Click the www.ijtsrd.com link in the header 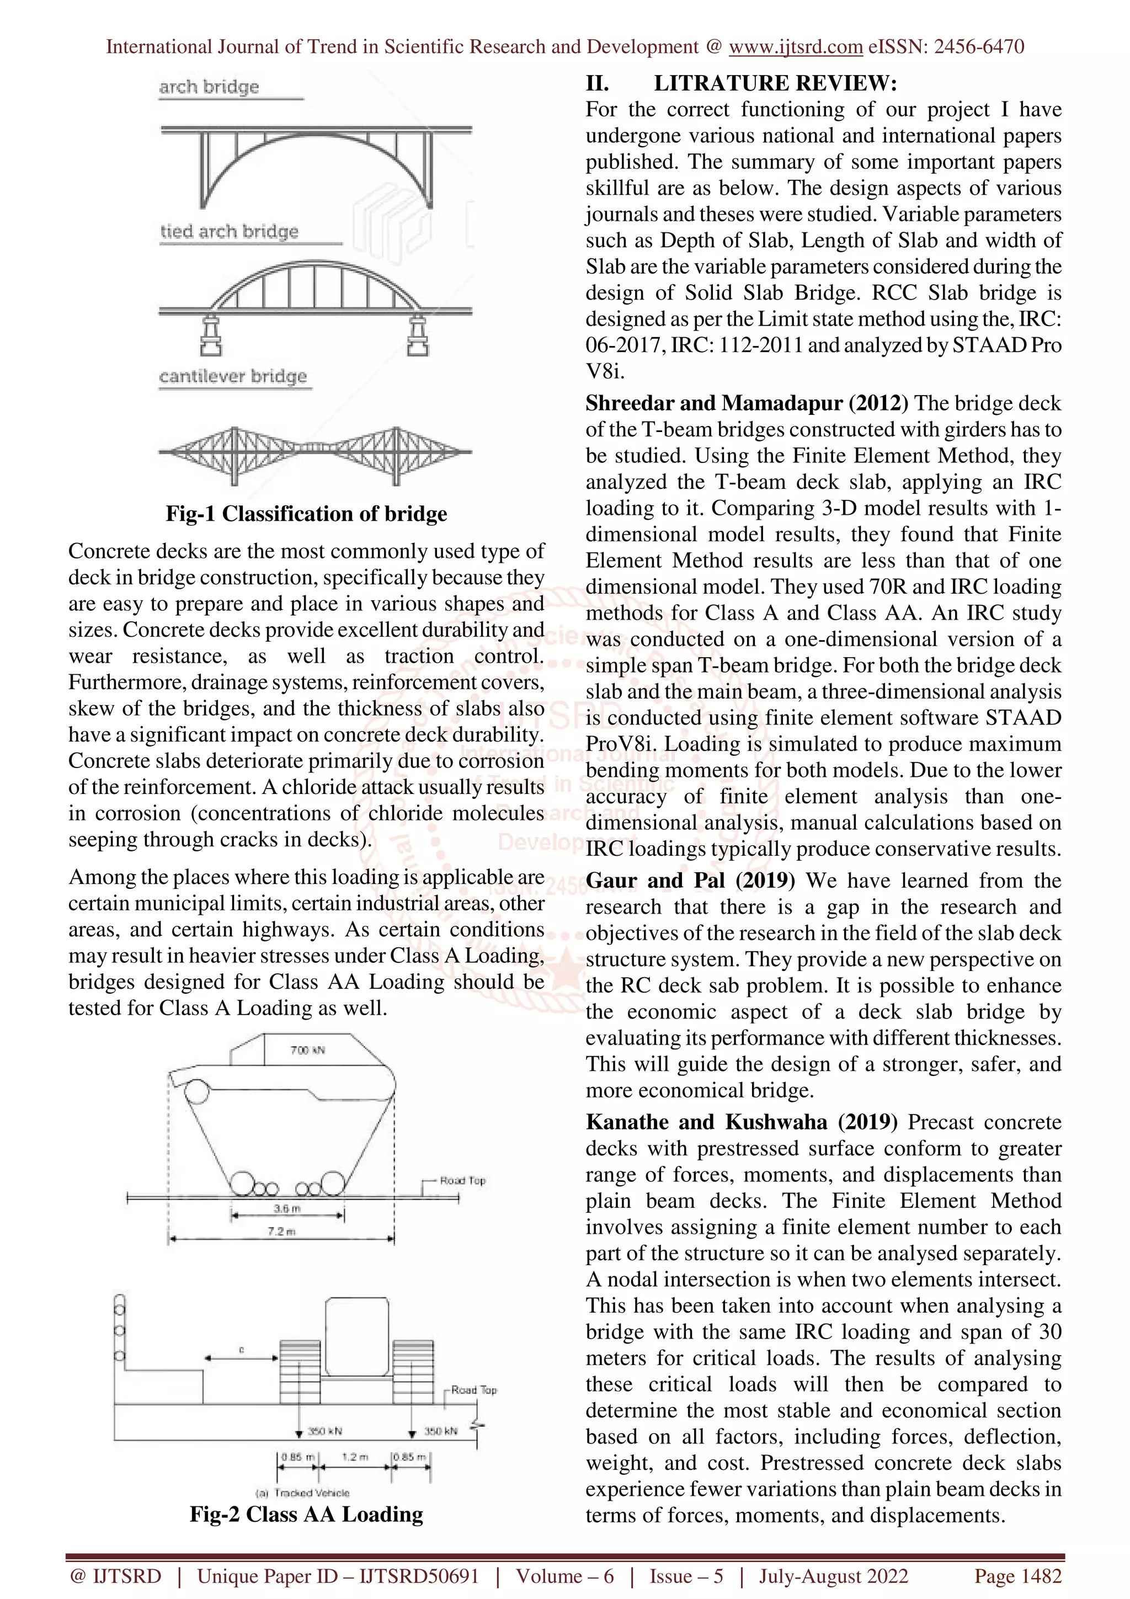[795, 47]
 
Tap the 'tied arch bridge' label [229, 231]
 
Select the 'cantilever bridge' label [232, 376]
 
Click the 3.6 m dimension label [286, 1208]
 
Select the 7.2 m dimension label [281, 1232]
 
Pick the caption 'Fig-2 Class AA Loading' [306, 1514]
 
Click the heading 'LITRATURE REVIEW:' [775, 83]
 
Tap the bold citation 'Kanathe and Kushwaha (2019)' [742, 1122]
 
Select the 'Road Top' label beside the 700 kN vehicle [462, 1180]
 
